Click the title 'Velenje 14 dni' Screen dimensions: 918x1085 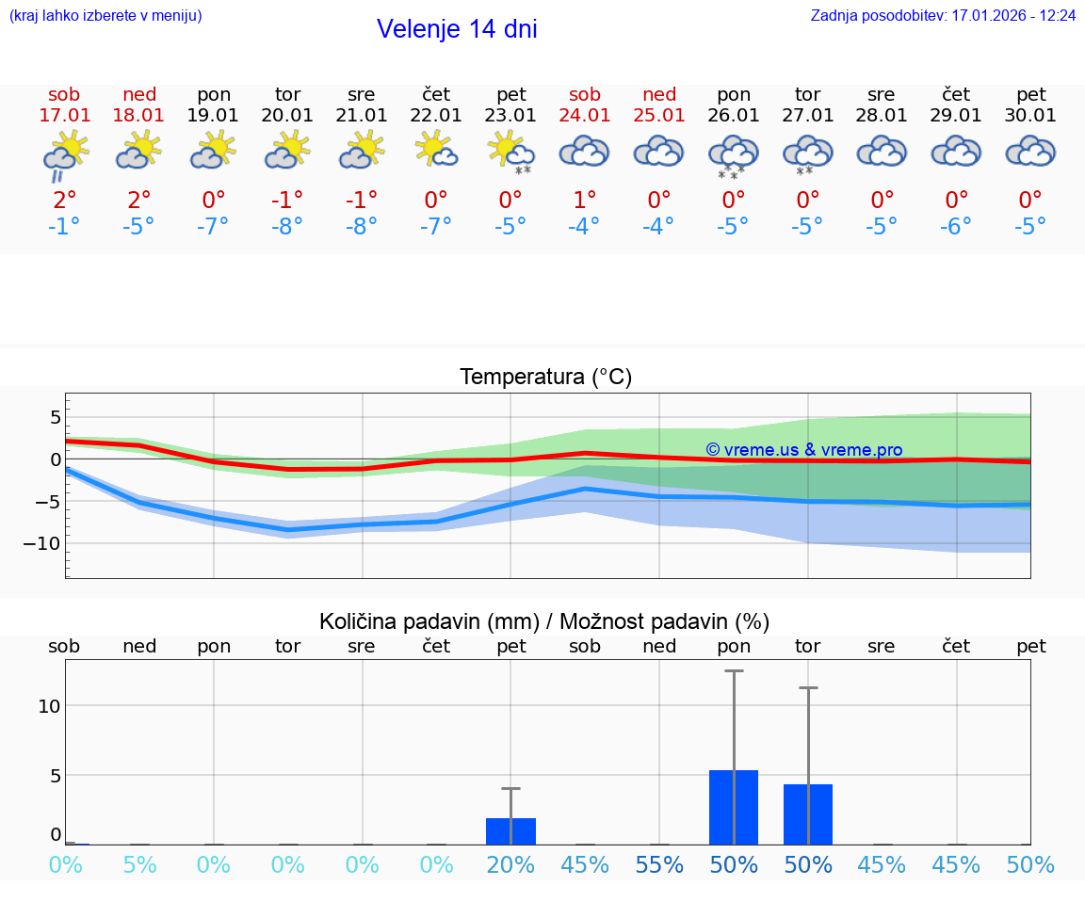tap(457, 29)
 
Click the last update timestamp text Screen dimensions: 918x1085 tap(943, 16)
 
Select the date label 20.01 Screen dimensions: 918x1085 tap(287, 116)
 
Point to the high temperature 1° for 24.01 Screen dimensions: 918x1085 tap(585, 200)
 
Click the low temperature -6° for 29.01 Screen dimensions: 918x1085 tap(956, 227)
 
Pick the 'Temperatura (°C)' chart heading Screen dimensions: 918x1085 tap(545, 378)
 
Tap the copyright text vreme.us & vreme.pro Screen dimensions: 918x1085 tap(803, 450)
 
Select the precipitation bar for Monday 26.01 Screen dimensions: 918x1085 tap(734, 807)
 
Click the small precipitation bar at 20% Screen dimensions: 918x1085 tap(510, 830)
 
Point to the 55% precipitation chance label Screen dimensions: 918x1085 tap(659, 864)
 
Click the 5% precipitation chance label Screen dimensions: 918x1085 tap(139, 864)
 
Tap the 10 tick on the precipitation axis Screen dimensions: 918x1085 tap(49, 706)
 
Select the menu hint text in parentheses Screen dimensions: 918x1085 tap(105, 16)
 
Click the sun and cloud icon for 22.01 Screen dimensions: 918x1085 tap(436, 151)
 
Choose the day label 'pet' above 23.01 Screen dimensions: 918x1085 tap(510, 94)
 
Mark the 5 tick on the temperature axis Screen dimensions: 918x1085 tap(56, 417)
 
